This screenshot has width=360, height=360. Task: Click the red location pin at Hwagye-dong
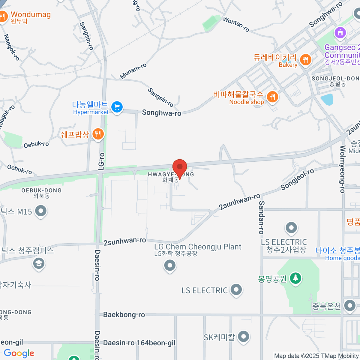(180, 167)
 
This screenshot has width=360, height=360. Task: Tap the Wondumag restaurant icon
(3, 17)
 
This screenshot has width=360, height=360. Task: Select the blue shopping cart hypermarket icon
(117, 107)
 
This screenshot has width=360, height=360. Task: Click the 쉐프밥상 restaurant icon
(98, 134)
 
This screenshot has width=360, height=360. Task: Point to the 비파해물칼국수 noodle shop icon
(272, 97)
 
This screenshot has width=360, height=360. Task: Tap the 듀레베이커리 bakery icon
(305, 59)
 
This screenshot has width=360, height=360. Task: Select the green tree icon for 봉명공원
(295, 278)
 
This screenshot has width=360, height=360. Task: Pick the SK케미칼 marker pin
(243, 337)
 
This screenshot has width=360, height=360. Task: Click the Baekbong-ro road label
(124, 315)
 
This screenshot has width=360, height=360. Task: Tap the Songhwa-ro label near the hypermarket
(161, 113)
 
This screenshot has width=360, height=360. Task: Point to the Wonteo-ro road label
(236, 24)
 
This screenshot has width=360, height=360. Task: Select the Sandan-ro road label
(261, 217)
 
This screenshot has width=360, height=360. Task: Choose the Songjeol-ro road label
(297, 179)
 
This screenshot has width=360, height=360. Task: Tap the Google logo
(19, 353)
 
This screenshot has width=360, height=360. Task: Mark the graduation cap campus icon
(39, 264)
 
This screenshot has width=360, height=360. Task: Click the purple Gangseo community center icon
(340, 32)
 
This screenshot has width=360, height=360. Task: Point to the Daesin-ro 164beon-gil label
(139, 343)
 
